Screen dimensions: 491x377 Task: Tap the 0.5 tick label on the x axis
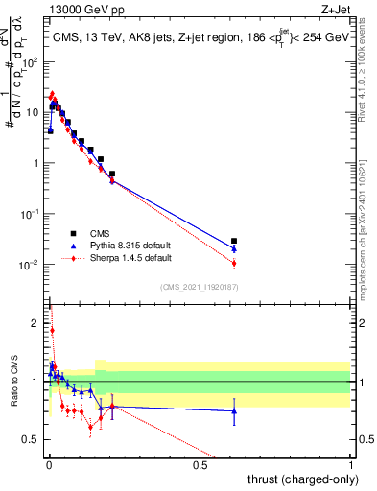200,466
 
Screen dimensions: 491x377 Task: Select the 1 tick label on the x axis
350,466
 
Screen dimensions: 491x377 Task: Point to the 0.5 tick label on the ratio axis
33,440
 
